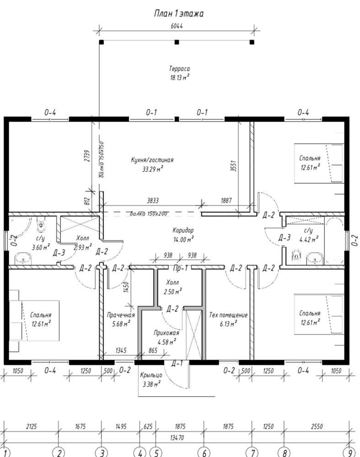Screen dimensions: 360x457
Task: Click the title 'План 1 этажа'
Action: coord(178,13)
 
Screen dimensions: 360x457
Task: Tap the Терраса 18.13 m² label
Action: coord(179,73)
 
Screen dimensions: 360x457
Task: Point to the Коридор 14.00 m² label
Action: coord(183,235)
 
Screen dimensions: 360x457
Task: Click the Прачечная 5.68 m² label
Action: coord(121,319)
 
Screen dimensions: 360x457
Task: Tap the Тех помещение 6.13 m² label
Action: coord(228,319)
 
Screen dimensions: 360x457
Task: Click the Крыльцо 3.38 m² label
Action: coord(151,380)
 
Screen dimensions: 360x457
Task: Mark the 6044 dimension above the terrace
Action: coord(177,26)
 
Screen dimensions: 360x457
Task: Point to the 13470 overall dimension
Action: coord(177,437)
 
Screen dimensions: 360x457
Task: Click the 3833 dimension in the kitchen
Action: coord(153,201)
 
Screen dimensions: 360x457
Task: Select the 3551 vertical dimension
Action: coord(233,165)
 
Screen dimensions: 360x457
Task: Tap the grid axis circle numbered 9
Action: coord(350,452)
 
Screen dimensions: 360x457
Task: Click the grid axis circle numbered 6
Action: coord(204,452)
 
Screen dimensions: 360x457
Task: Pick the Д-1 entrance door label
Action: coord(177,363)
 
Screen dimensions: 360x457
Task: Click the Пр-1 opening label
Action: coord(180,268)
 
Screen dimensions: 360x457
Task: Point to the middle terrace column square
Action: coord(177,42)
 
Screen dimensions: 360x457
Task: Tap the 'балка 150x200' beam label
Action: coord(149,213)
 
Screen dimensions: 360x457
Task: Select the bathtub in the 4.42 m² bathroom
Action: coord(334,240)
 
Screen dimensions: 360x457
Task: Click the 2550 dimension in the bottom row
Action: coord(317,426)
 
